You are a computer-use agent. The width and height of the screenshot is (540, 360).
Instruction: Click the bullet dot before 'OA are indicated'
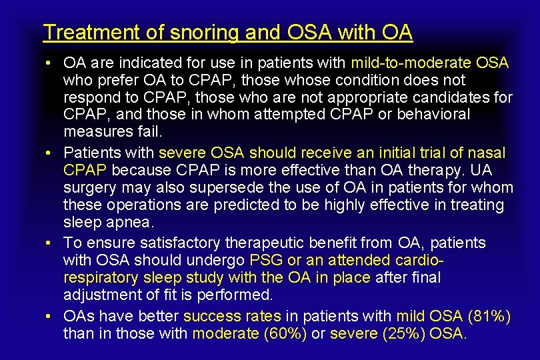pos(50,64)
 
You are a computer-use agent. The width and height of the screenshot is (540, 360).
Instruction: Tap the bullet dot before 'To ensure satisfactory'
pos(50,243)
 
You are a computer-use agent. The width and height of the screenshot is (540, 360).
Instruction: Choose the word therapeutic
pos(277,243)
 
